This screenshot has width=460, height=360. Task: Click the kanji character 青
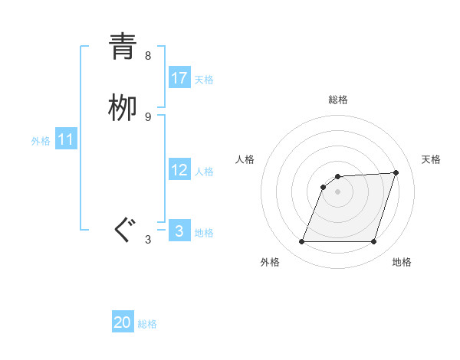tap(123, 47)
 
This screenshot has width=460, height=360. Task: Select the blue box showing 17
tap(179, 78)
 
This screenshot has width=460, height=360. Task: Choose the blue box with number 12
tap(179, 170)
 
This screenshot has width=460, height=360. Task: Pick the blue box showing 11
tap(66, 140)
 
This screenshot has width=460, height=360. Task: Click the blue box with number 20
tap(123, 322)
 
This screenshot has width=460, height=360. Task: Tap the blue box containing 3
tap(179, 231)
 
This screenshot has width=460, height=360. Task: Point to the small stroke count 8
tap(148, 55)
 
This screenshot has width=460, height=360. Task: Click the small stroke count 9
tap(148, 116)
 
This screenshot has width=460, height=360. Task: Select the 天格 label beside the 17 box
tap(204, 80)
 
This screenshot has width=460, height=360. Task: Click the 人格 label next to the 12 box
tap(204, 172)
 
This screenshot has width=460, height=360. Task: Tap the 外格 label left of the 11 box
tap(41, 141)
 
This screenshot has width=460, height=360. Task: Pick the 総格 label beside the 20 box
tap(147, 324)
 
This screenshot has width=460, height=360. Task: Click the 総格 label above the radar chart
tap(338, 100)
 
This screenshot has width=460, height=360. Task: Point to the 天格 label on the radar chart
tap(431, 159)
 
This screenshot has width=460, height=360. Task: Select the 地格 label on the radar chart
tap(402, 262)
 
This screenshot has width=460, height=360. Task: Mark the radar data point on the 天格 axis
tap(396, 172)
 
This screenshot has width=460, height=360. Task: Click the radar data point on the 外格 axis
tap(302, 242)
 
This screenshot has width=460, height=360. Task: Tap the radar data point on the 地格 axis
tap(373, 242)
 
